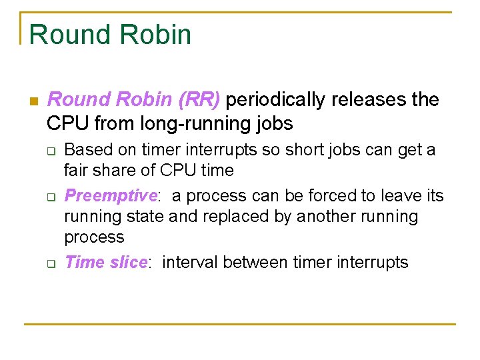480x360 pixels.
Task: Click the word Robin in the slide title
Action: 155,35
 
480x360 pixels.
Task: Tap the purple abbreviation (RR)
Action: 199,100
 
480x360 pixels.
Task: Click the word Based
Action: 85,150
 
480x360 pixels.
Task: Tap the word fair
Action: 77,171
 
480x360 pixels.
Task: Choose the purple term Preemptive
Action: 110,196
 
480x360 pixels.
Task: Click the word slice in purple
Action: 128,262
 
